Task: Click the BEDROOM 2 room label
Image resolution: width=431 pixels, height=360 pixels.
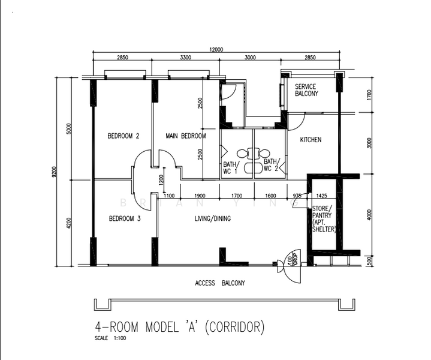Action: tap(123, 136)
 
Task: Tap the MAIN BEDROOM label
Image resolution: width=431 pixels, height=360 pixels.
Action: tap(185, 136)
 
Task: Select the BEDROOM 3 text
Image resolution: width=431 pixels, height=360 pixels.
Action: tap(124, 219)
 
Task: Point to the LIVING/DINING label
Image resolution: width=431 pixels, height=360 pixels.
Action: tap(212, 219)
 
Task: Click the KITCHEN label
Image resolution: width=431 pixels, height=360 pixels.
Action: tap(311, 140)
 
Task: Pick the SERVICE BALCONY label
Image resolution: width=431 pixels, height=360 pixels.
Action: tap(306, 90)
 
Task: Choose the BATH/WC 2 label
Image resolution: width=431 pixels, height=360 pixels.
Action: tap(271, 165)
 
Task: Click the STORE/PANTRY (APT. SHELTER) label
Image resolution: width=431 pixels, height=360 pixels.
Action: tap(324, 219)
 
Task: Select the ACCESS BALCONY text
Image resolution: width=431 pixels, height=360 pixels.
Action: tap(220, 283)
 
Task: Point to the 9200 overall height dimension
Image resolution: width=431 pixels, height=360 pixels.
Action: tap(54, 173)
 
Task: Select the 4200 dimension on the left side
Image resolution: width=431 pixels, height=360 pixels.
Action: tap(69, 223)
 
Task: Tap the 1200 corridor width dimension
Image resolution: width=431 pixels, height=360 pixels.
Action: tap(160, 179)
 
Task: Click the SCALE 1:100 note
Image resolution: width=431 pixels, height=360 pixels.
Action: tap(110, 338)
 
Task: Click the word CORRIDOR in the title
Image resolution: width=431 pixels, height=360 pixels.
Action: tap(234, 327)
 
